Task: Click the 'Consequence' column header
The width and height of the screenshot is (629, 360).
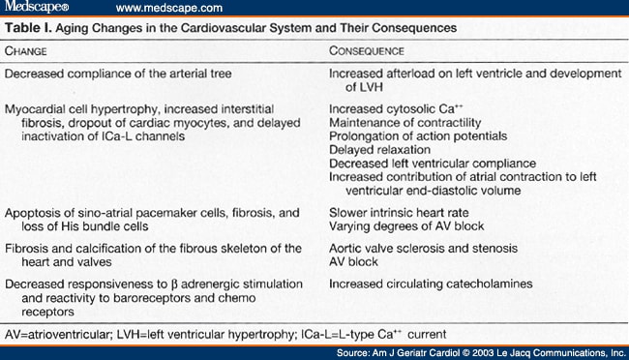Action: pos(367,49)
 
